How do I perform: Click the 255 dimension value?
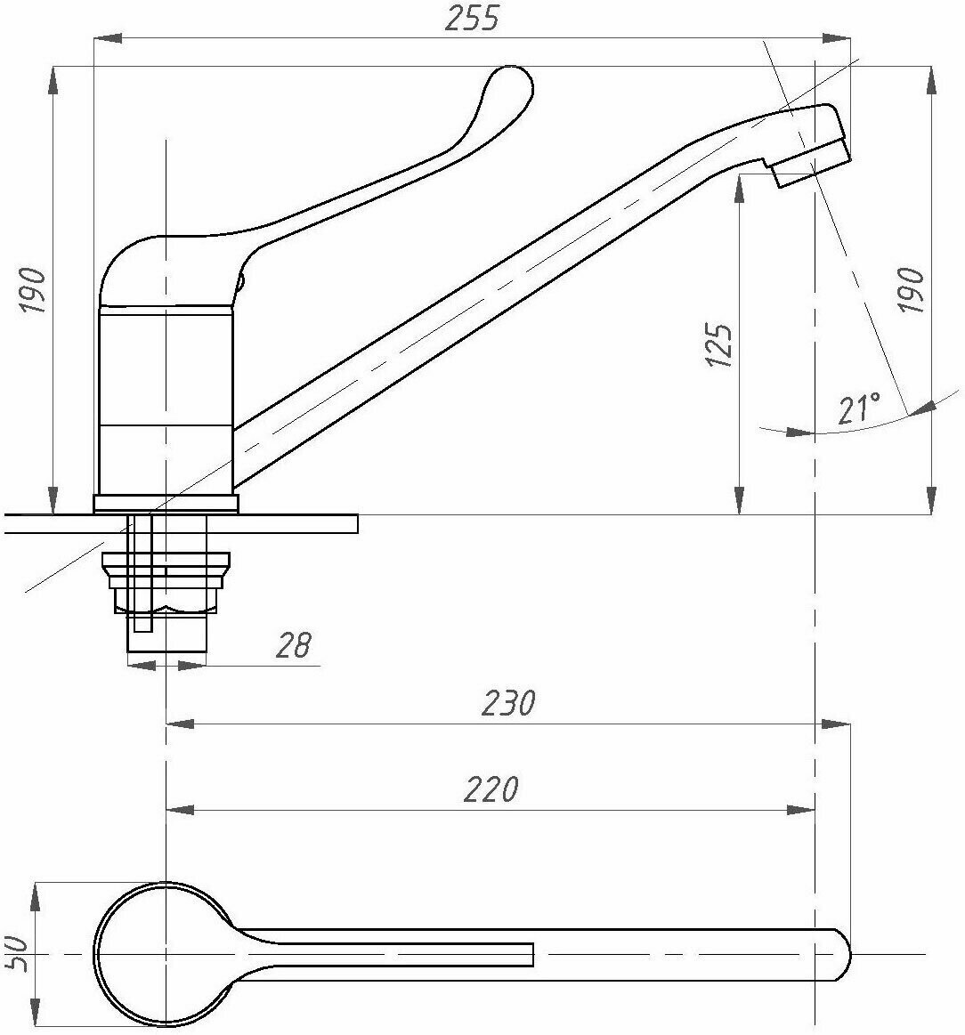pos(473,17)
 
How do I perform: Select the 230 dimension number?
pos(509,703)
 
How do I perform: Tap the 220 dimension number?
pos(491,789)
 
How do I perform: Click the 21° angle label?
pos(858,408)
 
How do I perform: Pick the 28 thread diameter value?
pos(294,645)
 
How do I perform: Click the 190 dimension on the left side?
pos(34,289)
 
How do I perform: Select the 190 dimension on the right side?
pos(911,289)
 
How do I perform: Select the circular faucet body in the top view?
pos(166,954)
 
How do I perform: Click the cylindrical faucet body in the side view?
pos(165,400)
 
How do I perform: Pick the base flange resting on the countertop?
pos(166,504)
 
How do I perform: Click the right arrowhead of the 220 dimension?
pos(803,810)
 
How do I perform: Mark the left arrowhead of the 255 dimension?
pos(106,38)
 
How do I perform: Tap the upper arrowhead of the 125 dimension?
pos(739,185)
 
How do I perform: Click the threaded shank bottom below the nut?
pos(167,639)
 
